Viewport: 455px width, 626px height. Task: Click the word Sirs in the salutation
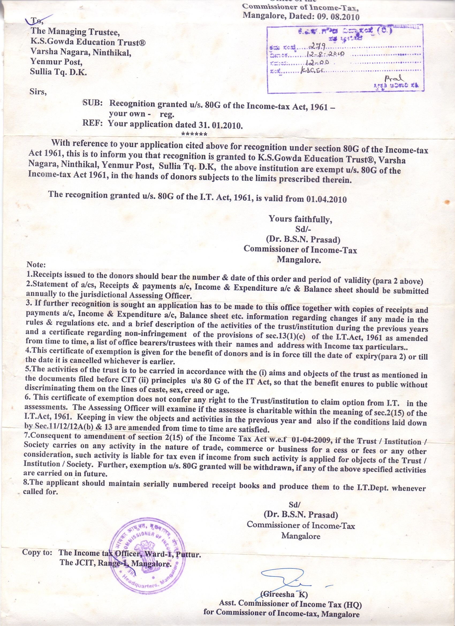tap(38, 91)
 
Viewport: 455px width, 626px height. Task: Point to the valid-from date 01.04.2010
tap(326, 199)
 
